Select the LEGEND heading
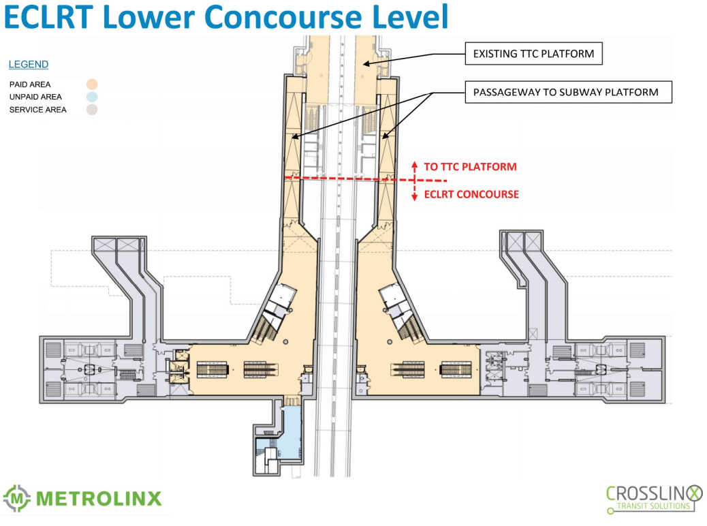[x=29, y=65]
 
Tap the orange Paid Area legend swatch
[x=92, y=84]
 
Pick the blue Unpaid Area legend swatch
[x=92, y=97]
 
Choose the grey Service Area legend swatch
[x=92, y=109]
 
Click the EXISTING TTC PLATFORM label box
[x=533, y=53]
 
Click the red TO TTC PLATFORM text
[x=470, y=166]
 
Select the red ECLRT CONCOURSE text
[x=471, y=195]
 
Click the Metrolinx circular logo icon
[x=17, y=499]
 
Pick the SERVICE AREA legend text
[x=37, y=110]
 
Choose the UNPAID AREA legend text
[x=35, y=97]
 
